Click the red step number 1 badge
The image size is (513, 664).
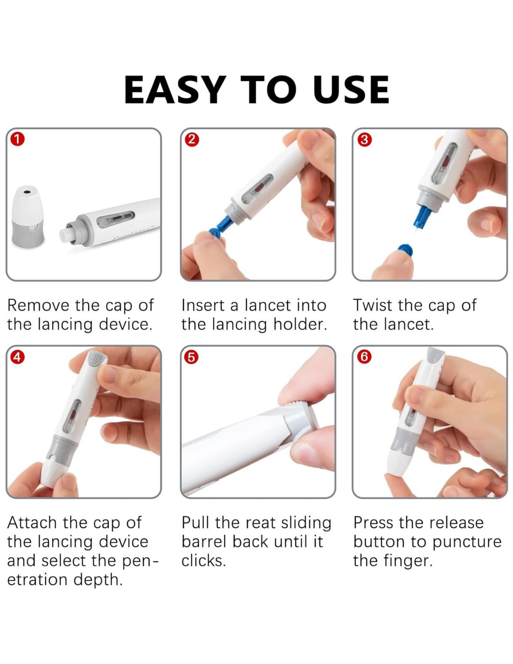tap(17, 140)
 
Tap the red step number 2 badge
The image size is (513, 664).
tap(192, 140)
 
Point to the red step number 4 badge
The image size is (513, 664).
tap(17, 357)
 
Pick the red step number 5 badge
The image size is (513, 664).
tap(192, 357)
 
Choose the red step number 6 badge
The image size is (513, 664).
tap(364, 357)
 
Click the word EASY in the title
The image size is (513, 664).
tap(175, 90)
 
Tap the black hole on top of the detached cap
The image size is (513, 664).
tap(27, 192)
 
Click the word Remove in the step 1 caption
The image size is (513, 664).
tap(38, 305)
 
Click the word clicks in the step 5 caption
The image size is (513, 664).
tap(203, 561)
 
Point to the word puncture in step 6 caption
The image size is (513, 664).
tap(467, 543)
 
